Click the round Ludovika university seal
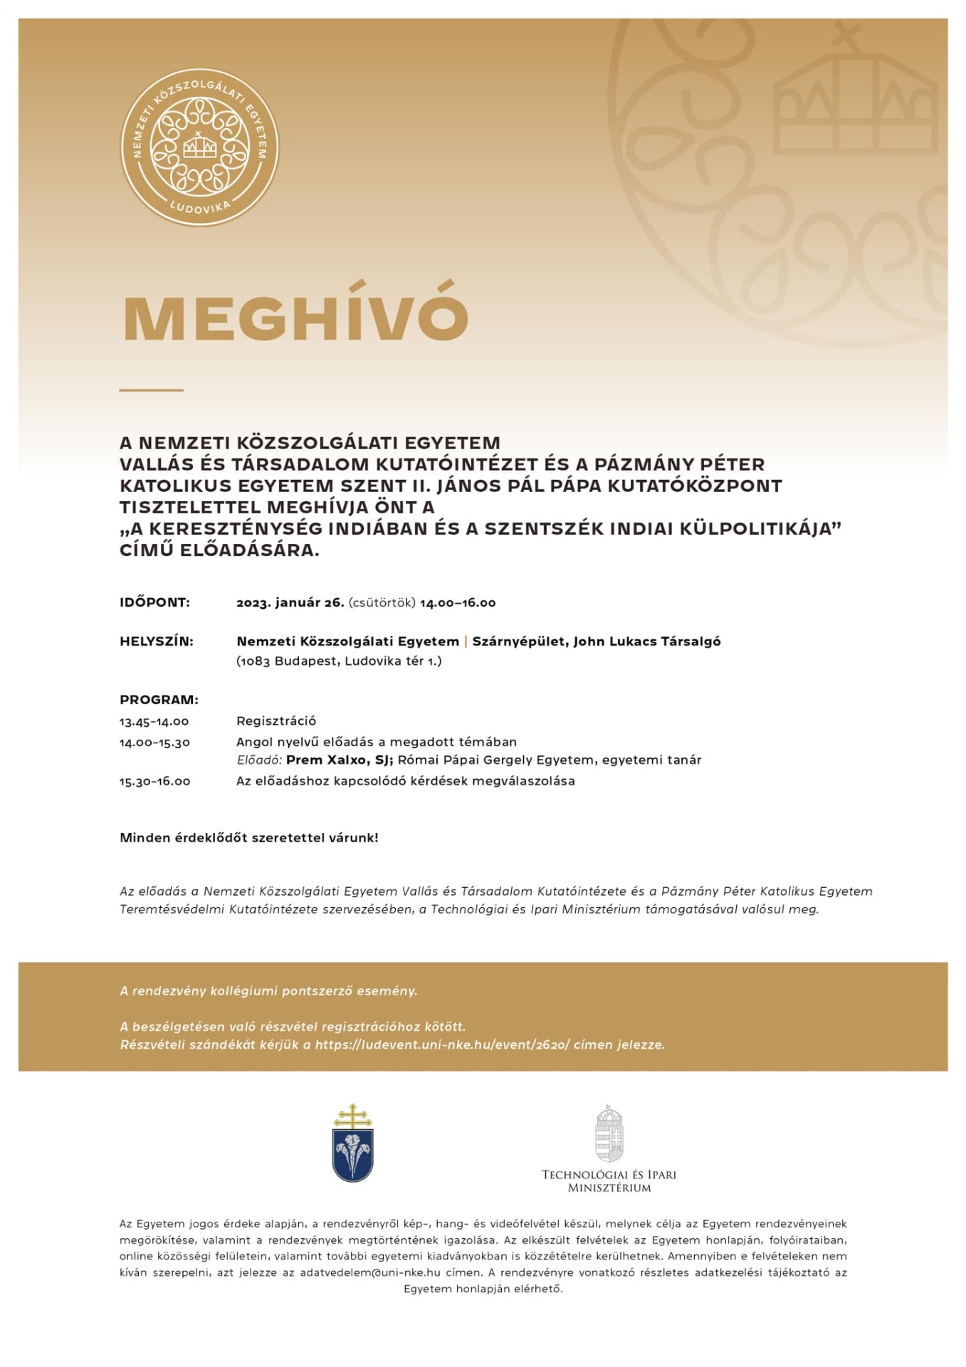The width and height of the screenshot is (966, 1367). coord(199,147)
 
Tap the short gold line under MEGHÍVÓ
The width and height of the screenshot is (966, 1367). coord(151,390)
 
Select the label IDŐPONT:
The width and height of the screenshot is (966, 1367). coord(154,602)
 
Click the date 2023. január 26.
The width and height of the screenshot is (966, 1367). coord(290,602)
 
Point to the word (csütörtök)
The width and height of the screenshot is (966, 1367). coord(382,602)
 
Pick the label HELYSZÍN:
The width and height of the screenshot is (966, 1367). coord(156,641)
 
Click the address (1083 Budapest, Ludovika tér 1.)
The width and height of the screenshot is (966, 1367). coord(339,661)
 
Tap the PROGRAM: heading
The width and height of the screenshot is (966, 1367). coord(159,699)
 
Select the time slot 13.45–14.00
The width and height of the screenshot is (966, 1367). coord(154,721)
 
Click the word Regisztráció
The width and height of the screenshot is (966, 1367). coord(276,721)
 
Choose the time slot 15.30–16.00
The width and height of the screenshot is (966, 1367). coord(154,781)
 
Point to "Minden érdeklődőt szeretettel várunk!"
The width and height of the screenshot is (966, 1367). coord(248,837)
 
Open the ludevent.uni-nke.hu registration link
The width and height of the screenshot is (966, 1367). coord(442,1044)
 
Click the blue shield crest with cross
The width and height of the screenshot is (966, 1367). coord(352,1143)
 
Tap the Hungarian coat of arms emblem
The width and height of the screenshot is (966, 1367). coord(609,1133)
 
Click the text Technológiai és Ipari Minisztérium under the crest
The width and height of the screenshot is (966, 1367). coord(609,1180)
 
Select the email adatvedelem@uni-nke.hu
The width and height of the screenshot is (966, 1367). coord(369,1272)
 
